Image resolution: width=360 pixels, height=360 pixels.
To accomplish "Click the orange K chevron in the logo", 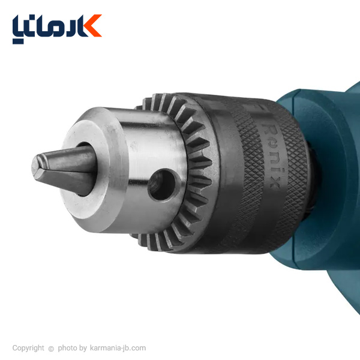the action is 93,25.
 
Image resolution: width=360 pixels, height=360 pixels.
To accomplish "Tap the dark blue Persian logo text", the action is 49,29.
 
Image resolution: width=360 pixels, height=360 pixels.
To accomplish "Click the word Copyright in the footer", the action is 28,348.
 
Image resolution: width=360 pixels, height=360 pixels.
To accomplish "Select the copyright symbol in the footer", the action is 51,349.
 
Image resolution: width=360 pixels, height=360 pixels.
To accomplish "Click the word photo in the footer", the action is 67,348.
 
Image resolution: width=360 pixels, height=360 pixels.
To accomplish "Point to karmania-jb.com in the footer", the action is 118,348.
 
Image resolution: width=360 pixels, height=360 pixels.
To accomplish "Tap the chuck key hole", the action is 162,185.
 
